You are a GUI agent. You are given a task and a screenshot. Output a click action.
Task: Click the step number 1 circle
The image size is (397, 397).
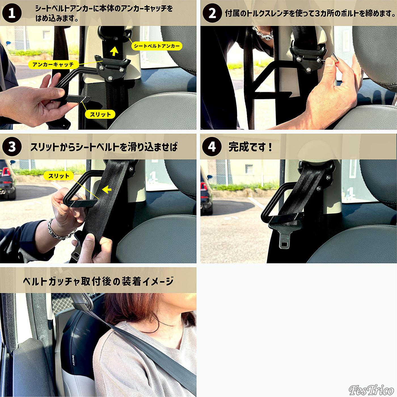12,13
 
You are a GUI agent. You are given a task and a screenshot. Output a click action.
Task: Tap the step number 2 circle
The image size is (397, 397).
212,13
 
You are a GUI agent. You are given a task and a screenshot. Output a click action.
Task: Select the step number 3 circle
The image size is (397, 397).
12,147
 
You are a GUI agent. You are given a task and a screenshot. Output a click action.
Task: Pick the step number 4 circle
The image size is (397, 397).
212,147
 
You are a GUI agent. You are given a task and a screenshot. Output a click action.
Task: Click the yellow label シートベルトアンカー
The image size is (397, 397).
157,46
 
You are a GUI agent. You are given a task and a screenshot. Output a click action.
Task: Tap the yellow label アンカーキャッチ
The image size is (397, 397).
53,65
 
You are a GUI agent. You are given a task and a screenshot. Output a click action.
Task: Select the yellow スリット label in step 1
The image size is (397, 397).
100,114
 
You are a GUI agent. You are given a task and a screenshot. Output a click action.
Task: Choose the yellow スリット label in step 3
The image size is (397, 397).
59,176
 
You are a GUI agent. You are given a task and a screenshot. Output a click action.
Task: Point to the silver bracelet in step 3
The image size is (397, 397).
60,230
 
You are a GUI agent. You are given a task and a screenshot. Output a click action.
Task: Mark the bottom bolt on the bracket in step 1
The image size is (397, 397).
111,78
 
